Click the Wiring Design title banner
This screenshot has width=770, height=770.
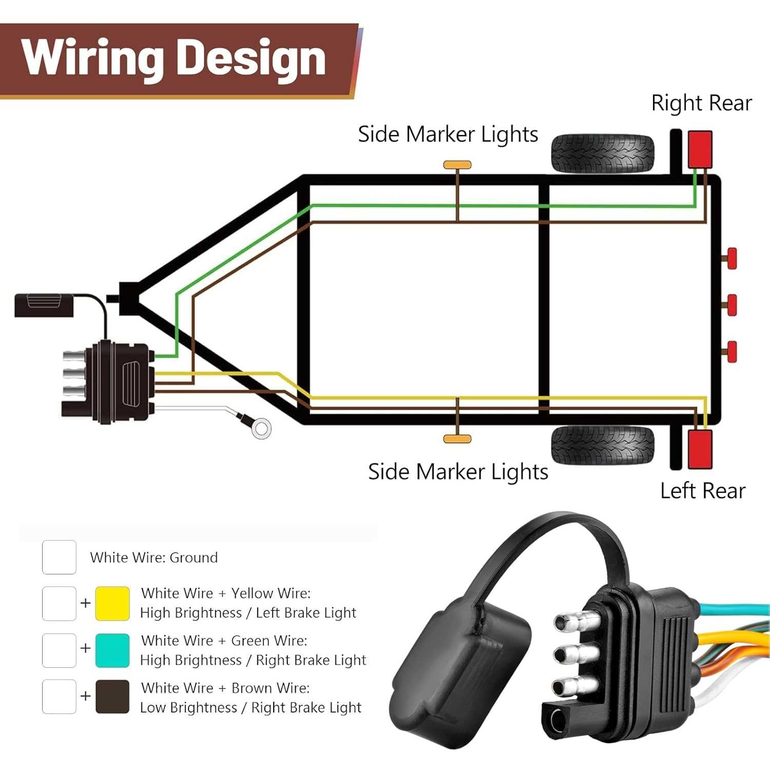tap(175, 59)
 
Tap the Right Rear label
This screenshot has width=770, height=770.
tap(701, 103)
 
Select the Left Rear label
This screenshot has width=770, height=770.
tap(702, 491)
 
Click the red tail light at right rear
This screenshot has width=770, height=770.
tap(700, 149)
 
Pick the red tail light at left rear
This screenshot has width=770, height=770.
tap(700, 449)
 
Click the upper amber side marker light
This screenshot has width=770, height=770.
tap(457, 165)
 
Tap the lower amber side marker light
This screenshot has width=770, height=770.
tap(457, 438)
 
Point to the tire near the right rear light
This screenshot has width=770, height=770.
tap(603, 153)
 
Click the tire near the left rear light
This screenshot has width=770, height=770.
tap(603, 445)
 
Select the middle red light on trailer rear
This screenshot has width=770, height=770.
tap(731, 305)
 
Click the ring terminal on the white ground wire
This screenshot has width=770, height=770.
tap(261, 428)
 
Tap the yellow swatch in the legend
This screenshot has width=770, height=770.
tap(112, 603)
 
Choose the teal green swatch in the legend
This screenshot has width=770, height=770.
tap(112, 650)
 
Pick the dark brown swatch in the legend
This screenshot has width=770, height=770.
tap(112, 697)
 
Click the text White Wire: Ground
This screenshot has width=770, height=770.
tap(153, 557)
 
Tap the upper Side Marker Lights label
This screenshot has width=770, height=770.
tap(448, 134)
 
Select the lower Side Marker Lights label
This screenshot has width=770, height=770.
tap(458, 472)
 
